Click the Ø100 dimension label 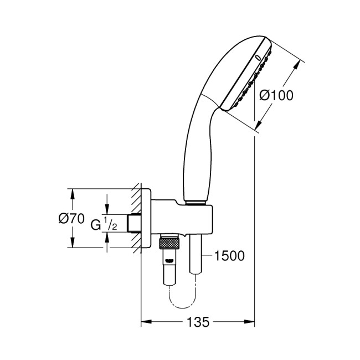tap(277, 95)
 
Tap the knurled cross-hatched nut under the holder tap(169, 243)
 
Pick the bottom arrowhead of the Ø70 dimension tap(71, 245)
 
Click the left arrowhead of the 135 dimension tap(145, 322)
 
